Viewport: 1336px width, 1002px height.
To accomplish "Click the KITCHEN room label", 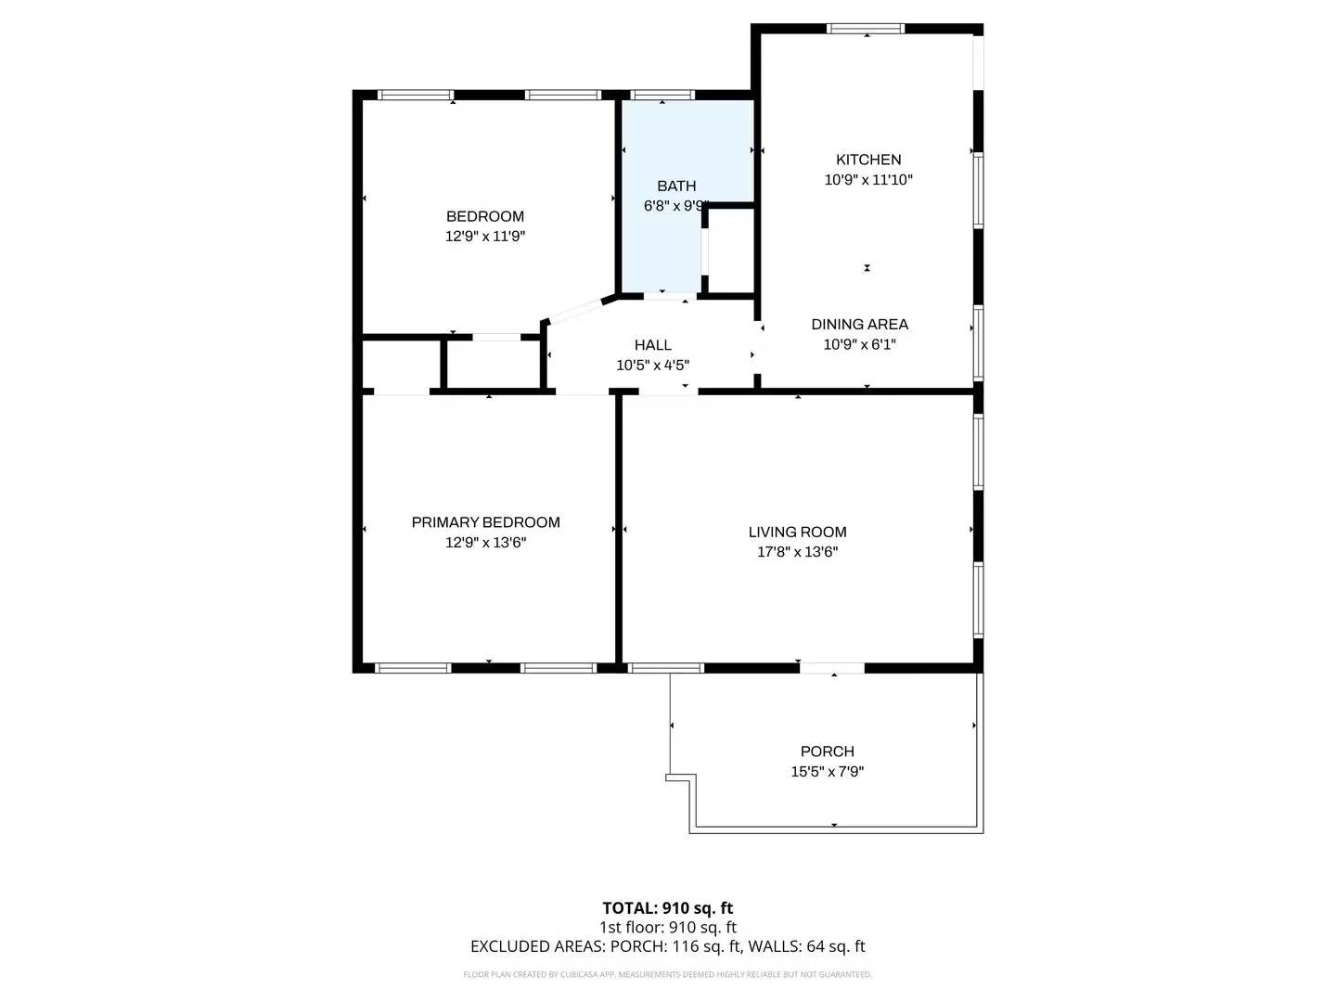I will tap(868, 160).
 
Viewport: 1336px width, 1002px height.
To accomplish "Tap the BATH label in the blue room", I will tap(676, 186).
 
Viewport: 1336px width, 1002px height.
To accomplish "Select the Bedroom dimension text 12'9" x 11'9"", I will tap(485, 237).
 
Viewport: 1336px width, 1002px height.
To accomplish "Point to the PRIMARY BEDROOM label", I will tap(485, 522).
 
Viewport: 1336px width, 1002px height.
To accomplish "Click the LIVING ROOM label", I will tap(797, 532).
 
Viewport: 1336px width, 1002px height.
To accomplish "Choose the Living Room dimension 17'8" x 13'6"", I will tap(797, 552).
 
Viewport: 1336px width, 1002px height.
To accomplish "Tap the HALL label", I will tap(653, 345).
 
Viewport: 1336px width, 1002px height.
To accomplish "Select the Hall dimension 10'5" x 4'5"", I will tap(653, 366).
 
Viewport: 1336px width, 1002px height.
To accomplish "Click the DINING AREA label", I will tap(859, 324).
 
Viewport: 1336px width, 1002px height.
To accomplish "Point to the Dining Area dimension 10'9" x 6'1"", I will tap(859, 344).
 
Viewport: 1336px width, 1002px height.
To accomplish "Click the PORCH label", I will tap(827, 751).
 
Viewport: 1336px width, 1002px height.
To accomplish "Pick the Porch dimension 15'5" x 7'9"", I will tap(827, 771).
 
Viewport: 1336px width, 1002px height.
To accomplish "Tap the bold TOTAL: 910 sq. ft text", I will tap(668, 908).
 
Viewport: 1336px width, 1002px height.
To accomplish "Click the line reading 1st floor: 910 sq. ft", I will tap(668, 927).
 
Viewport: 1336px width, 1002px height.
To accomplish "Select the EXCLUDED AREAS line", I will tap(668, 946).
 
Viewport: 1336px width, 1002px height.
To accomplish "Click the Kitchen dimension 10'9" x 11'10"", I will tap(868, 180).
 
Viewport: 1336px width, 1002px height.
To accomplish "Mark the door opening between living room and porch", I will tap(832, 667).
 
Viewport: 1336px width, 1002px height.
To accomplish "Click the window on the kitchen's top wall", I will tap(866, 29).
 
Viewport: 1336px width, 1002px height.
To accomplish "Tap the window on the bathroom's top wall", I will tap(662, 95).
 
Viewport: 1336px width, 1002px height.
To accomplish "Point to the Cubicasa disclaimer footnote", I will tap(668, 974).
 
